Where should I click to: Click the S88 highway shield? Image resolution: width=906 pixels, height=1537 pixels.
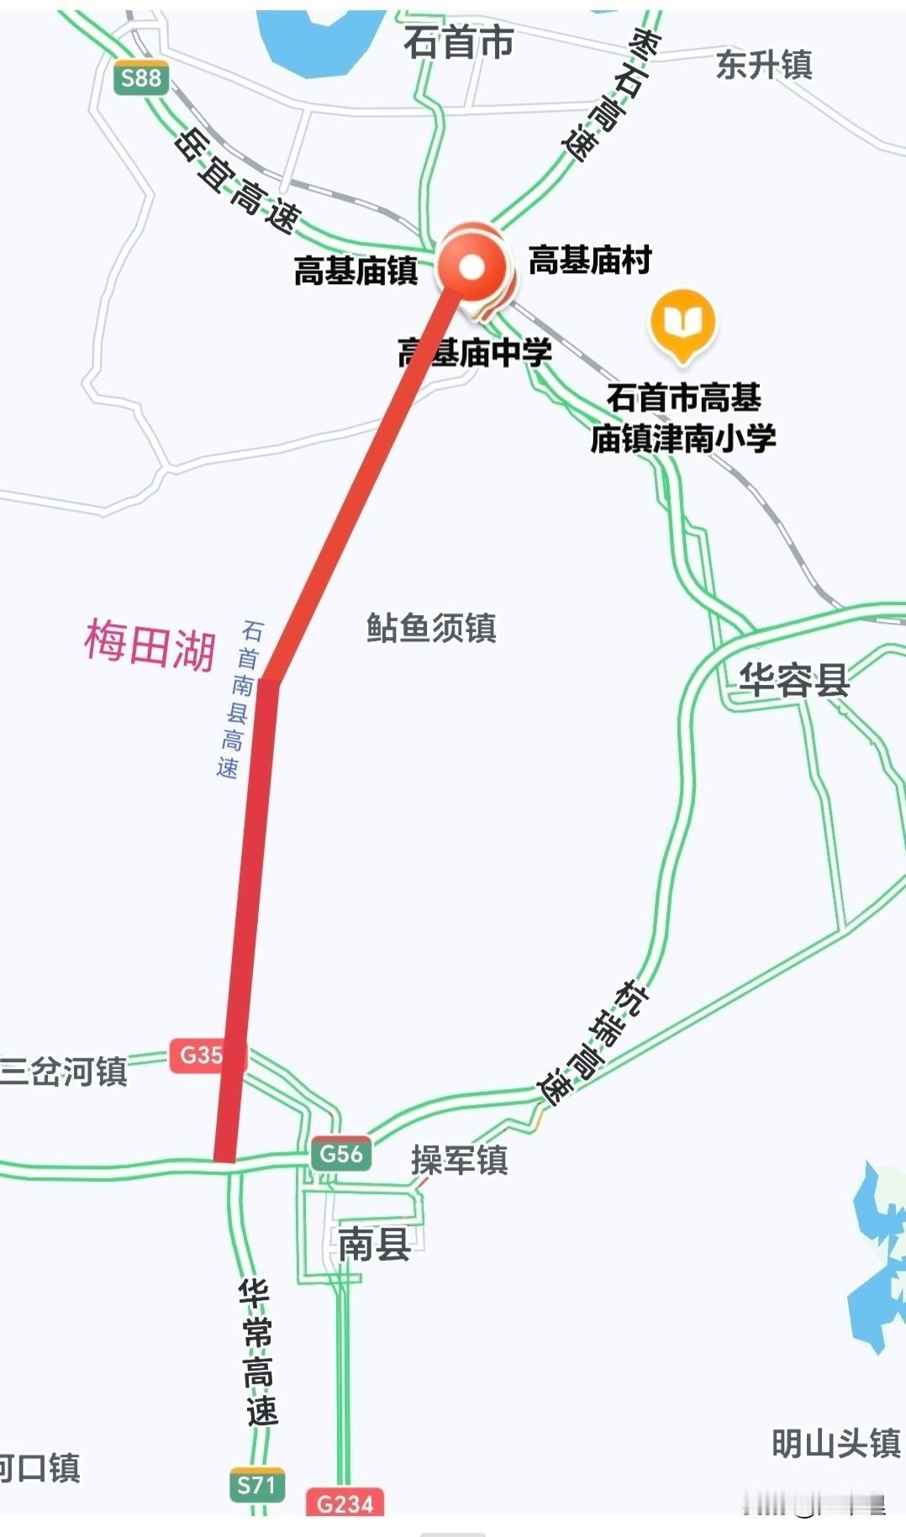pyautogui.click(x=140, y=79)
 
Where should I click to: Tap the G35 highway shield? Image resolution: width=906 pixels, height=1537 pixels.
pyautogui.click(x=201, y=1055)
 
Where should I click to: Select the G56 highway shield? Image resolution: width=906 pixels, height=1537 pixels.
pyautogui.click(x=340, y=1154)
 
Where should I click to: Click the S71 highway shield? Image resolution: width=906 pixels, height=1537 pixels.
pyautogui.click(x=256, y=1486)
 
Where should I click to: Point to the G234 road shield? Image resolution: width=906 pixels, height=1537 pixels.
pyautogui.click(x=345, y=1503)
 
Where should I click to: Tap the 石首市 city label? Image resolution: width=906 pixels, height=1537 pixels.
pyautogui.click(x=458, y=42)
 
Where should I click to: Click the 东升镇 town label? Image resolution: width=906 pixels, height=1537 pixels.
pyautogui.click(x=763, y=65)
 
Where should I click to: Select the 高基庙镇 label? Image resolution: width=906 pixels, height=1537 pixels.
pyautogui.click(x=356, y=271)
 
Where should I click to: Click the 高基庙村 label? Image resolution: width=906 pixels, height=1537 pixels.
pyautogui.click(x=590, y=260)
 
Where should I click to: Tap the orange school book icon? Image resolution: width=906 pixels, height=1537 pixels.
pyautogui.click(x=682, y=323)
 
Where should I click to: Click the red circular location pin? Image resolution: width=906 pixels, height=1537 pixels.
pyautogui.click(x=472, y=267)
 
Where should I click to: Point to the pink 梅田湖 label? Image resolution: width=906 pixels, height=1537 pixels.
pyautogui.click(x=150, y=645)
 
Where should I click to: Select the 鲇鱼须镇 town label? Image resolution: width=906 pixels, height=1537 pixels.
pyautogui.click(x=431, y=628)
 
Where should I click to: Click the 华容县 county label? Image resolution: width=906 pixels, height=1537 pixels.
pyautogui.click(x=793, y=680)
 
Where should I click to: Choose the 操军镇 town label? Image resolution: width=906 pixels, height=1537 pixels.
pyautogui.click(x=459, y=1161)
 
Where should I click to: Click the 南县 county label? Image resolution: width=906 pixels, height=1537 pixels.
pyautogui.click(x=374, y=1244)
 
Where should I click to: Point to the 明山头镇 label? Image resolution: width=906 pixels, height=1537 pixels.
pyautogui.click(x=835, y=1444)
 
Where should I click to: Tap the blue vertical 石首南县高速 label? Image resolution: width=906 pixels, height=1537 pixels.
pyautogui.click(x=238, y=699)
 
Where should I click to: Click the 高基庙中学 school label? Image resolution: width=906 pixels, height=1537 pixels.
pyautogui.click(x=476, y=353)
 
